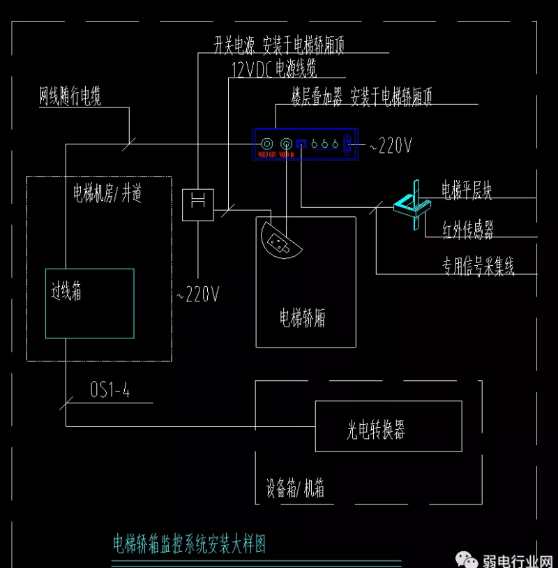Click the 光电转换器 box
388,426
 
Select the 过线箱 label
67,292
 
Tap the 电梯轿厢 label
303,319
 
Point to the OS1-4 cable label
110,391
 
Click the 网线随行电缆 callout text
70,97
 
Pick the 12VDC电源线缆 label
274,68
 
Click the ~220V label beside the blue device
390,146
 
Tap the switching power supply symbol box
197,204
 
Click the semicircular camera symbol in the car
279,241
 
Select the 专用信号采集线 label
478,266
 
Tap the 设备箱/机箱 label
295,488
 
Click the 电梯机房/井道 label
107,193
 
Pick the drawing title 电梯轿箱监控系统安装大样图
189,544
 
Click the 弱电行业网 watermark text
517,558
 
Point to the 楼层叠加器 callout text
361,98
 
